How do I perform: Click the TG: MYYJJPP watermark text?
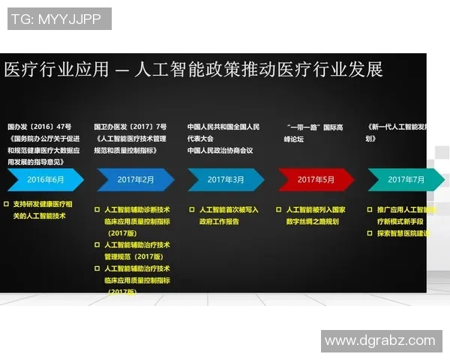58,19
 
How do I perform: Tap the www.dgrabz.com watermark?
380,340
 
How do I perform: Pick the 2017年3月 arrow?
225,180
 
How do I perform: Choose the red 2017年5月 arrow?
315,180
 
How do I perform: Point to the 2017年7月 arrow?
405,180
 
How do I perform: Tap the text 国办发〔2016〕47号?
39,127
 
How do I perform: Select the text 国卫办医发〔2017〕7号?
130,127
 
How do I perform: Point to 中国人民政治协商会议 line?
220,150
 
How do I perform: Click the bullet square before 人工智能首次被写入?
190,211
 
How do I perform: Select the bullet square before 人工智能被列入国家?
280,211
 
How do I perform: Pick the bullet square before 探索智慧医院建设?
369,233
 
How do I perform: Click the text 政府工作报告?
219,222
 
